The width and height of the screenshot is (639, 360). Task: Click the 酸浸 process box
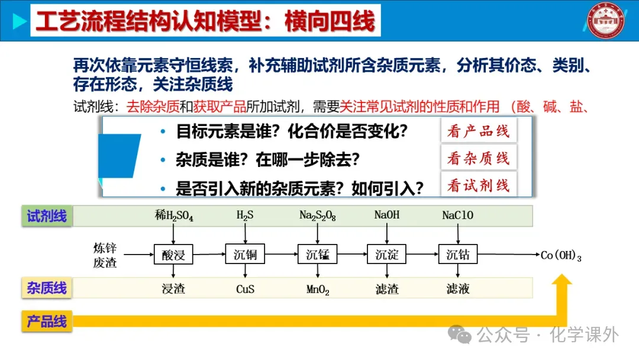173,255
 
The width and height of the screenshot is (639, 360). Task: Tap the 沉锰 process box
318,255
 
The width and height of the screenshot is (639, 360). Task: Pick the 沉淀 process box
387,255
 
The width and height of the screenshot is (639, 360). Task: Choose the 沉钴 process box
458,255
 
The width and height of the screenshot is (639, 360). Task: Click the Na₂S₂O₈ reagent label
318,216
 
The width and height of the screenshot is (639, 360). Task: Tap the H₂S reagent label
245,216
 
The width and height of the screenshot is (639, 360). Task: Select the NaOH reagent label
387,215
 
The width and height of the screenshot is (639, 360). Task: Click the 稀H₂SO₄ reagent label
174,216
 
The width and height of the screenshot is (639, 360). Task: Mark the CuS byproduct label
245,290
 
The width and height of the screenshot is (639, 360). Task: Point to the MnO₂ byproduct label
318,290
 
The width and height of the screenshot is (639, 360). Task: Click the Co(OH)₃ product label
561,256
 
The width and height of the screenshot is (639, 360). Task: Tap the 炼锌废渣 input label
105,255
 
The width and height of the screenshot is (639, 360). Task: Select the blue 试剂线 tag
47,216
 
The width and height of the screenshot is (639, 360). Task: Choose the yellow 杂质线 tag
47,288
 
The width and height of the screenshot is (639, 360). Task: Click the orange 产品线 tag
47,322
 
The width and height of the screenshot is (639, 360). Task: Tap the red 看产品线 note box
478,131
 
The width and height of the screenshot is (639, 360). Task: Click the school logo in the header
607,21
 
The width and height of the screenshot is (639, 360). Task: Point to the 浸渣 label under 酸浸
173,290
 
